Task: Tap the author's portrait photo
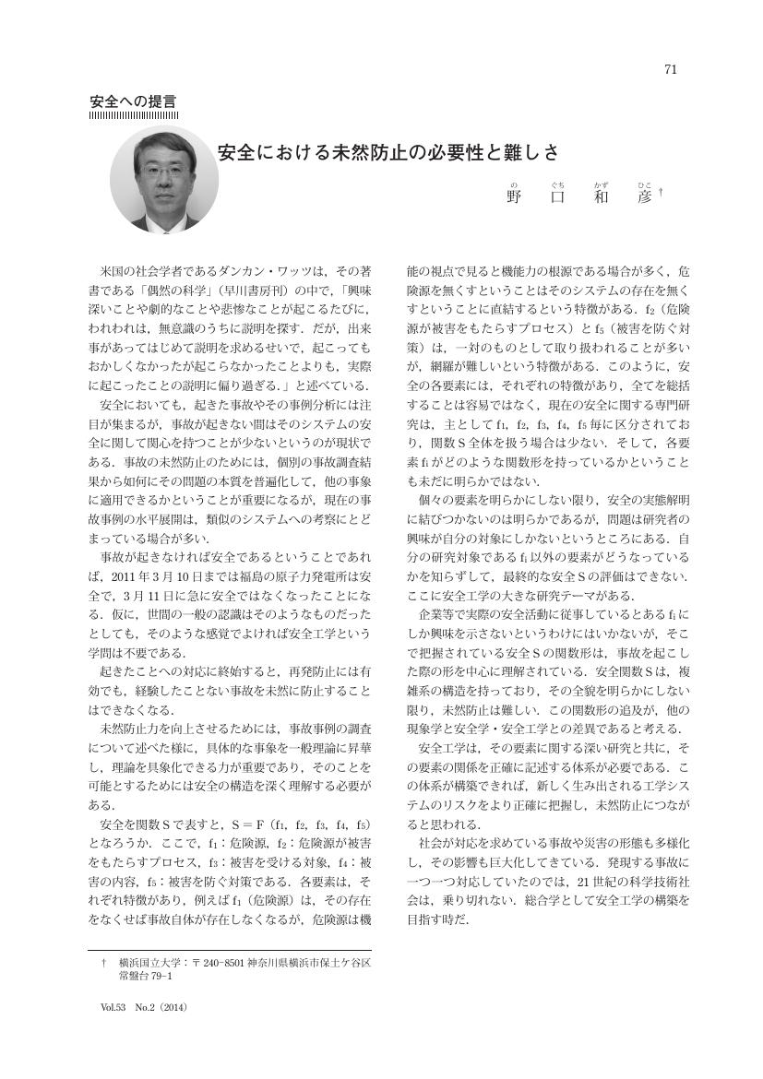click(164, 177)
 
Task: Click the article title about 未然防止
click(388, 151)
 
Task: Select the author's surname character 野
click(515, 196)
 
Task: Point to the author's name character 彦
click(645, 196)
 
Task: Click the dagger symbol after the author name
click(662, 193)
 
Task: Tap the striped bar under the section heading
click(133, 115)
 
